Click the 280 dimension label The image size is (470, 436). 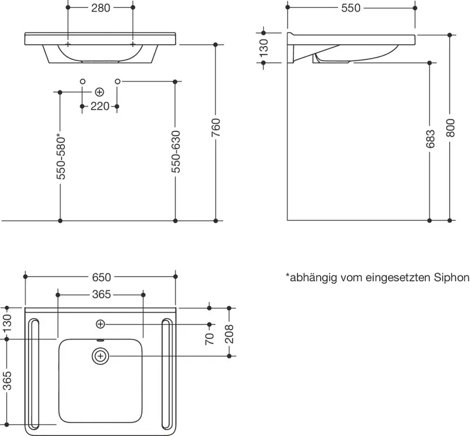[x=101, y=8]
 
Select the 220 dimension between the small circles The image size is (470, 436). [x=100, y=106]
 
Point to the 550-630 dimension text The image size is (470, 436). [x=176, y=151]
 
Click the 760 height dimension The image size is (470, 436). [x=216, y=128]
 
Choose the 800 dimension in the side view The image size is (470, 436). [x=450, y=128]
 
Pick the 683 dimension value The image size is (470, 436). [x=430, y=139]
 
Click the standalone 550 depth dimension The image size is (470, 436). [x=351, y=8]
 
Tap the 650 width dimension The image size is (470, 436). [x=101, y=277]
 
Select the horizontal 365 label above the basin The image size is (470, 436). [x=101, y=295]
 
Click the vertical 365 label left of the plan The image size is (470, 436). [x=7, y=381]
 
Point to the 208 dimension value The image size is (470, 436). [x=229, y=334]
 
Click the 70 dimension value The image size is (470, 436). [x=210, y=338]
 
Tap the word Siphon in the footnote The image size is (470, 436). [x=451, y=278]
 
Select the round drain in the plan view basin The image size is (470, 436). [x=101, y=356]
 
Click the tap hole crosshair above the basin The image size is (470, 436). [x=101, y=324]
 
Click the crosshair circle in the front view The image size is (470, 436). [x=99, y=92]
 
